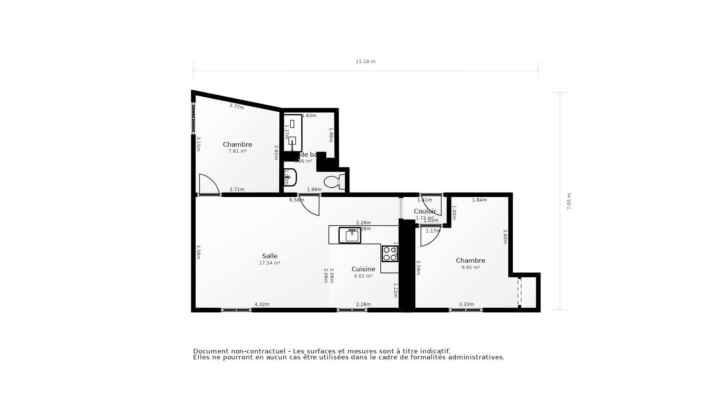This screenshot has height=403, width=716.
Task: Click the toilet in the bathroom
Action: pyautogui.click(x=334, y=182)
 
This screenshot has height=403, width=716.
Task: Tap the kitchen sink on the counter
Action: pyautogui.click(x=350, y=235)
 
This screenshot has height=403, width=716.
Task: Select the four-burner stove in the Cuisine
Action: pyautogui.click(x=390, y=254)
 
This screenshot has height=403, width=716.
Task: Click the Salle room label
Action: pyautogui.click(x=270, y=256)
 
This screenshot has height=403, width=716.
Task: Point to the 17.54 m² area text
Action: pyautogui.click(x=270, y=263)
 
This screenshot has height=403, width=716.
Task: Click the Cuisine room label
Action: pyautogui.click(x=363, y=269)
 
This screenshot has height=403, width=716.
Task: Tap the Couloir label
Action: pyautogui.click(x=425, y=211)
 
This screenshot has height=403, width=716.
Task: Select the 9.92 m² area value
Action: pyautogui.click(x=470, y=268)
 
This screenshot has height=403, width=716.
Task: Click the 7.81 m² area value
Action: pyautogui.click(x=238, y=151)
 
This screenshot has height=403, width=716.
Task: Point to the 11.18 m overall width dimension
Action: pyautogui.click(x=365, y=62)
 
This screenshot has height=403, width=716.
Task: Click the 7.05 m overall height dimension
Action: pyautogui.click(x=569, y=201)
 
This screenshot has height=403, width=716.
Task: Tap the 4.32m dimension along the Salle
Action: pyautogui.click(x=262, y=304)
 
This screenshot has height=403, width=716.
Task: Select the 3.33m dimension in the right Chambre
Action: pyautogui.click(x=466, y=304)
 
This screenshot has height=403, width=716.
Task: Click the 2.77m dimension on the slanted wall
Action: pyautogui.click(x=237, y=106)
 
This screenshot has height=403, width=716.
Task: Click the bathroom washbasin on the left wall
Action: pyautogui.click(x=291, y=177)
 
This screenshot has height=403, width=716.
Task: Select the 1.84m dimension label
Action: pyautogui.click(x=479, y=200)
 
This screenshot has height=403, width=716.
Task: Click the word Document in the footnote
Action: pyautogui.click(x=210, y=351)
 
